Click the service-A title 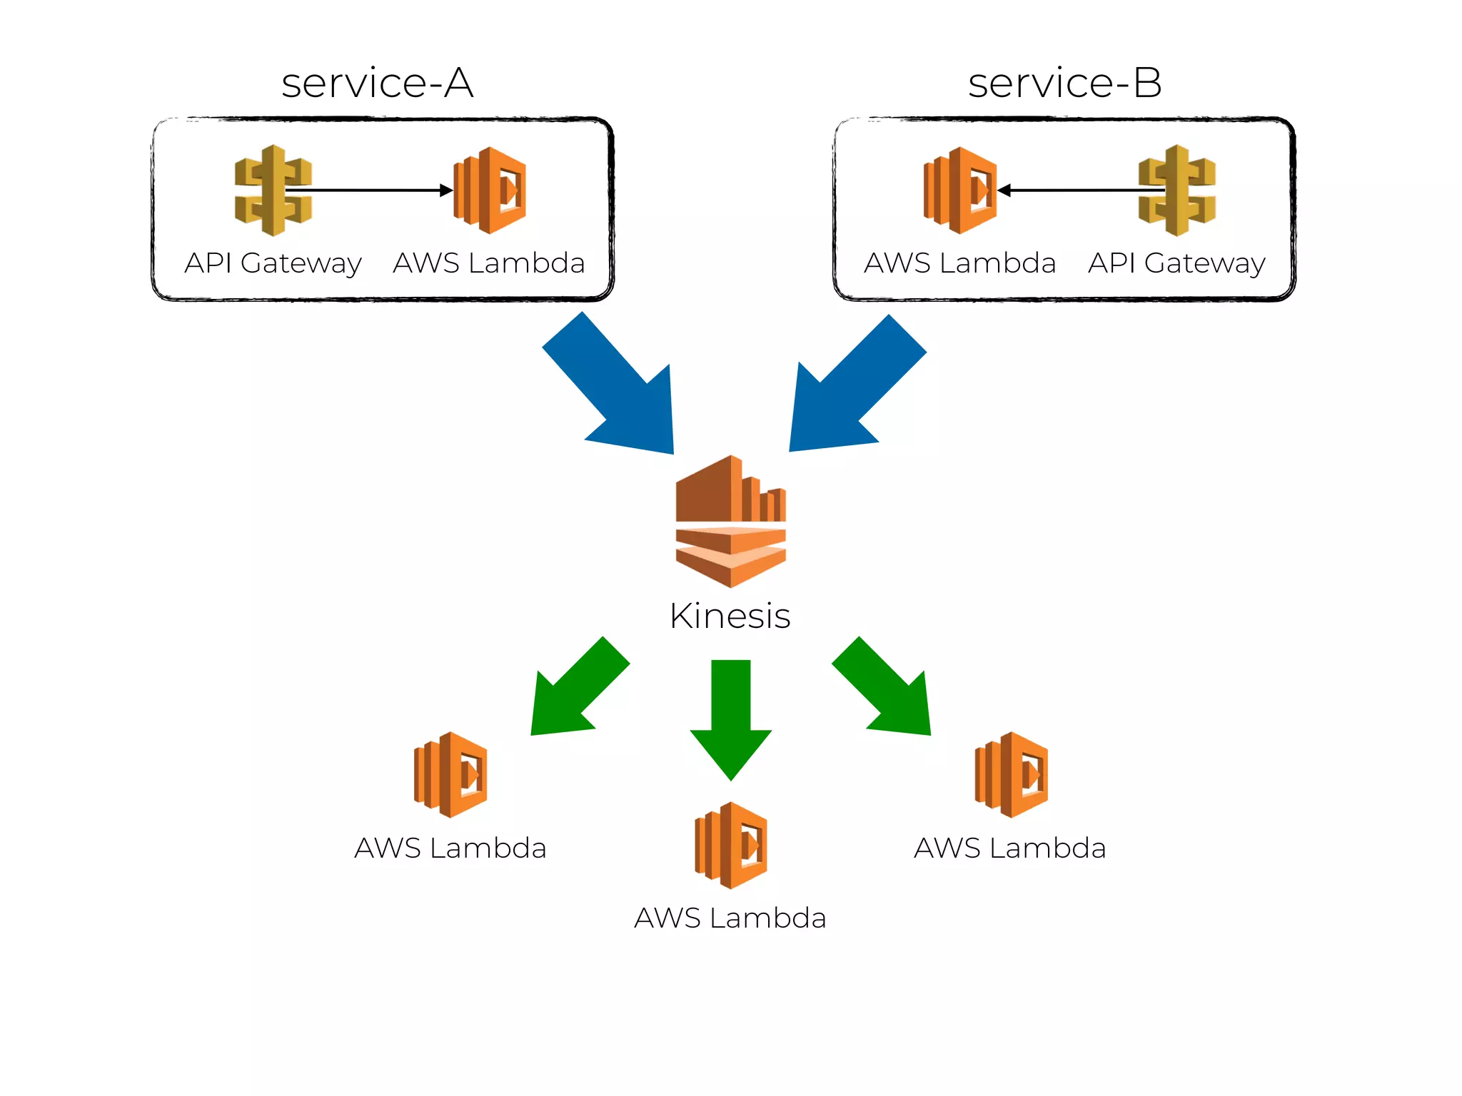tap(377, 83)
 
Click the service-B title tap(1064, 83)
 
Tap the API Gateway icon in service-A tap(273, 191)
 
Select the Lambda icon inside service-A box tap(490, 191)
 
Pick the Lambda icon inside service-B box tap(959, 191)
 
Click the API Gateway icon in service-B tap(1176, 191)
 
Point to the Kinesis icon tap(730, 522)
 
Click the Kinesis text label tap(730, 616)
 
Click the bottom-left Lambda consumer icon tap(450, 774)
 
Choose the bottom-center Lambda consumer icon tap(731, 845)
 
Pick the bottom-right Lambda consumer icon tap(1011, 774)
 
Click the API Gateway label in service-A tap(273, 263)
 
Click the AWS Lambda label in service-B tap(959, 263)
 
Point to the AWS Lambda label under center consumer tap(730, 918)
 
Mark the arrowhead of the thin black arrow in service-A tap(447, 191)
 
